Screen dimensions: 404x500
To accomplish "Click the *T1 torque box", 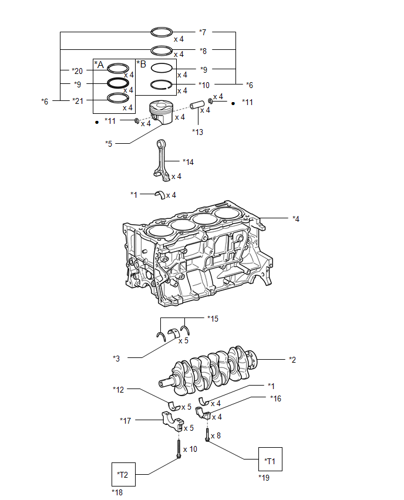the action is pyautogui.click(x=270, y=459).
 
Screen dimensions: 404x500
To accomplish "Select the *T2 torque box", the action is pyautogui.click(x=123, y=474).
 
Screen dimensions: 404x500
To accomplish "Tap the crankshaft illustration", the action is pyautogui.click(x=208, y=370).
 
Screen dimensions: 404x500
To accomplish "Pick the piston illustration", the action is pyautogui.click(x=161, y=112).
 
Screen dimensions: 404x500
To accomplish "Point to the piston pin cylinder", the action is pyautogui.click(x=197, y=105).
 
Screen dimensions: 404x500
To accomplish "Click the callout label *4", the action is pyautogui.click(x=296, y=219).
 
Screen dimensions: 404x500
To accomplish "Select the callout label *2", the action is pyautogui.click(x=292, y=360).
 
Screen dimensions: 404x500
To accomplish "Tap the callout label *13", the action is pyautogui.click(x=197, y=131).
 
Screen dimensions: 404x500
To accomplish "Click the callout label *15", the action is pyautogui.click(x=213, y=319).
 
